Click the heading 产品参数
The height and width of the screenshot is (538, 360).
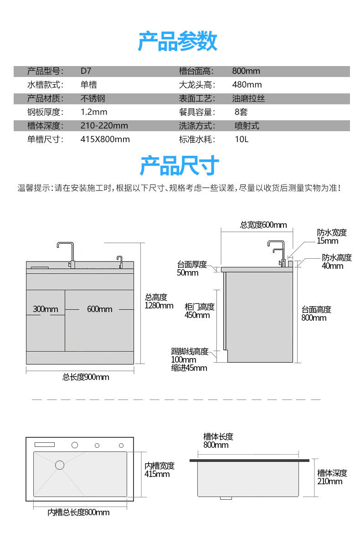(x=178, y=41)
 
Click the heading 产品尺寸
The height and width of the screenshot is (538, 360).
(x=179, y=165)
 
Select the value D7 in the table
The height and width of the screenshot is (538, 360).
(x=86, y=71)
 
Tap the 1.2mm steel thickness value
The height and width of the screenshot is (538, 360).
(x=94, y=112)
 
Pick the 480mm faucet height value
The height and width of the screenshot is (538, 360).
(x=247, y=85)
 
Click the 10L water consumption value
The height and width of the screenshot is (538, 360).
(x=242, y=139)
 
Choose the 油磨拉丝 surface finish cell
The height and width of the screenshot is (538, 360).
(x=248, y=98)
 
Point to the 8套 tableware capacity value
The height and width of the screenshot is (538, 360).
(x=241, y=112)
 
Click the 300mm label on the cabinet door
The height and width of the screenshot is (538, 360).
(x=46, y=309)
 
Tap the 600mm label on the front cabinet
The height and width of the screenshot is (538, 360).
(x=99, y=309)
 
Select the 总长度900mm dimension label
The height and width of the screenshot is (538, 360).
(x=86, y=377)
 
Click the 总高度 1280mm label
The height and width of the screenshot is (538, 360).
(x=159, y=301)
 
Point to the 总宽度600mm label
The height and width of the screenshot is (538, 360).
(x=263, y=225)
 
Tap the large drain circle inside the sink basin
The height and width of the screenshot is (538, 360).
(x=60, y=465)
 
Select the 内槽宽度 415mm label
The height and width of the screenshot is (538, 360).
(x=159, y=470)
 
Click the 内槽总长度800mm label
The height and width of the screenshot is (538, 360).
(x=79, y=512)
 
